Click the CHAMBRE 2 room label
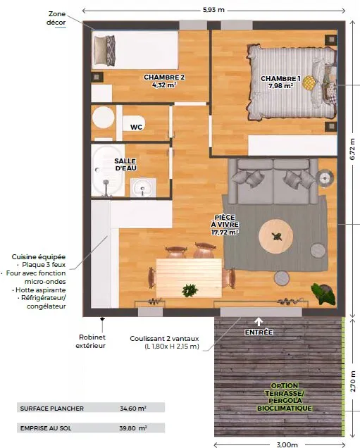tap(164, 81)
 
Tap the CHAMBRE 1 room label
tap(280, 82)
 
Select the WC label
tap(136, 127)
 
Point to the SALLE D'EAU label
tap(125, 165)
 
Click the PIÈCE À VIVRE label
tap(225, 225)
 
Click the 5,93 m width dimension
tap(213, 10)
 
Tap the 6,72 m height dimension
tap(352, 149)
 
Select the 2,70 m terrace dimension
tap(353, 381)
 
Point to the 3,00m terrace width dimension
tap(287, 444)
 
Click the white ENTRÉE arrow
tap(259, 322)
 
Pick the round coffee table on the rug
tap(275, 236)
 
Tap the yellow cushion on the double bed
tap(310, 82)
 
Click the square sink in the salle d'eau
tap(143, 187)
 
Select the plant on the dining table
tap(190, 290)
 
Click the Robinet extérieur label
tap(91, 341)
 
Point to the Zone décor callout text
tap(56, 18)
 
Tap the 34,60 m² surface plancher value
tap(133, 409)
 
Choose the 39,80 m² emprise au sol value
tap(133, 428)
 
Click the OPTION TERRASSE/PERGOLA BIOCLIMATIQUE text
tap(285, 397)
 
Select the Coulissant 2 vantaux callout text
tap(164, 342)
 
